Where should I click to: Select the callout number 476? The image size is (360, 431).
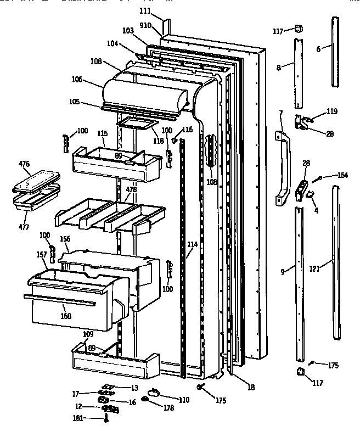24,164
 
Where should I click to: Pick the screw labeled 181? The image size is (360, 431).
106,419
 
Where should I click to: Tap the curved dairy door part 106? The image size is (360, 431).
145,90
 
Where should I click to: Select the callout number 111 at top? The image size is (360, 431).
144,12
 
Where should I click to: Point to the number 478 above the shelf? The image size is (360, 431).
131,189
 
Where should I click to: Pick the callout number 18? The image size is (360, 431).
251,387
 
